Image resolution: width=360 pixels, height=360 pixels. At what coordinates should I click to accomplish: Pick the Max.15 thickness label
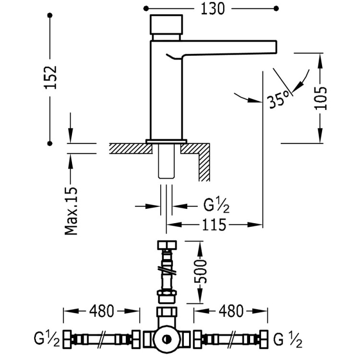click(x=71, y=211)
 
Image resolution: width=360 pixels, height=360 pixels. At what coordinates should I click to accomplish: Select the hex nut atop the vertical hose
click(x=167, y=246)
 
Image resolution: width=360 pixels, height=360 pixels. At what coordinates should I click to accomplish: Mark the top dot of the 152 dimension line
click(x=50, y=16)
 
